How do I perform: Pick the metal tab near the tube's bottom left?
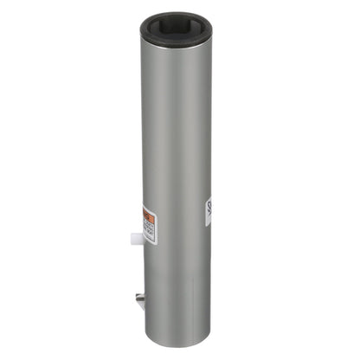(138, 299)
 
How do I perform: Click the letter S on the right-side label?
(209, 207)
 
